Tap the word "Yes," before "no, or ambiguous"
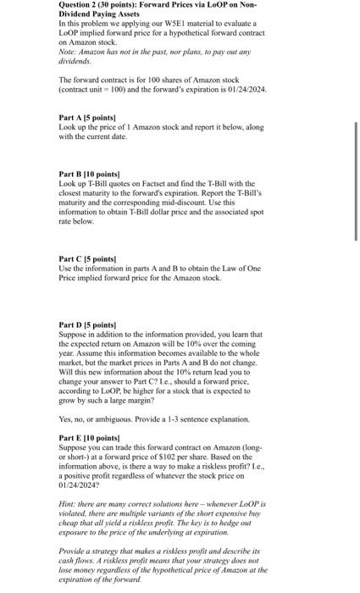pyautogui.click(x=67, y=419)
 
